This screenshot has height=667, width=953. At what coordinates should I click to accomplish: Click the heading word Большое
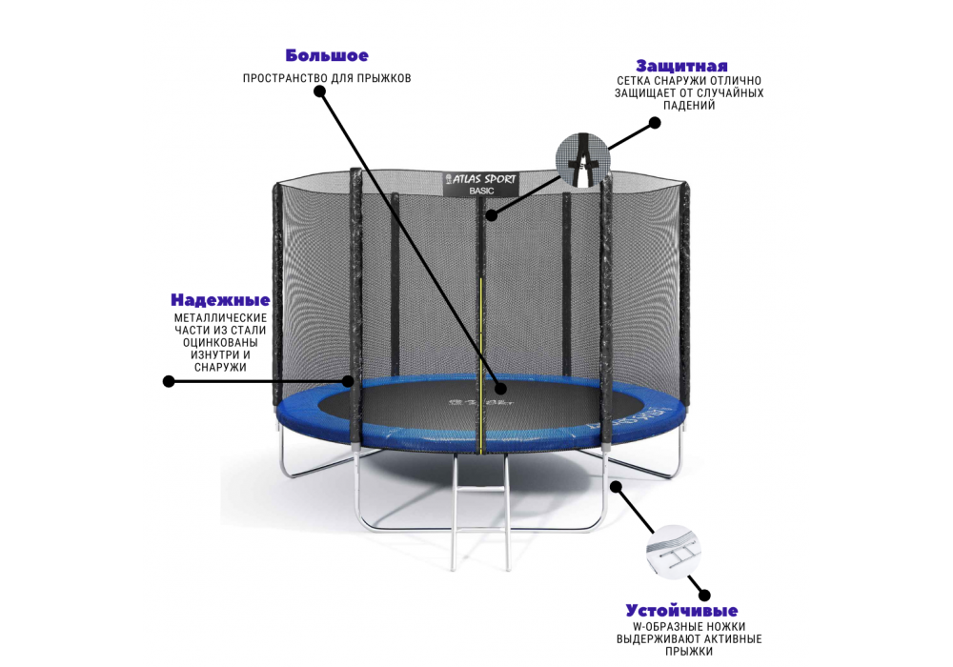[x=327, y=56]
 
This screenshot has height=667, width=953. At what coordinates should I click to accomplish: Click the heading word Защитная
[x=681, y=66]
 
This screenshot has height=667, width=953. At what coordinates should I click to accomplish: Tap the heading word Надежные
[x=220, y=300]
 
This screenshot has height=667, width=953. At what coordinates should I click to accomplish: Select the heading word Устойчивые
[x=681, y=611]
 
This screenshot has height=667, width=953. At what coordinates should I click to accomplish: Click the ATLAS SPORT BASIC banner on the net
[x=481, y=184]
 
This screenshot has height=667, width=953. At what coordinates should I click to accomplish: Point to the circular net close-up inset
[x=583, y=160]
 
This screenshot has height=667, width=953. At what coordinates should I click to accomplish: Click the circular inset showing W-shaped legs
[x=673, y=552]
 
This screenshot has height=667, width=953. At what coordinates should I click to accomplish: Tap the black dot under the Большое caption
[x=319, y=91]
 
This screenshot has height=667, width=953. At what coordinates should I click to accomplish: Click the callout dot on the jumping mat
[x=501, y=389]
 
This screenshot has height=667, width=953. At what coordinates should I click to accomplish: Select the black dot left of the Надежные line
[x=169, y=381]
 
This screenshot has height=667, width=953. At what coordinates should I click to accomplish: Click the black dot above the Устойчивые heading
[x=704, y=596]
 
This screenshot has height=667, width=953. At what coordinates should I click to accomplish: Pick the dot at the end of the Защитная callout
[x=655, y=123]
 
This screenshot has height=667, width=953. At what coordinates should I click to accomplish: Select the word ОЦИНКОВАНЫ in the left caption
[x=220, y=343]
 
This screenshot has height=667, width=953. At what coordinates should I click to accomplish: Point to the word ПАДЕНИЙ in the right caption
[x=689, y=105]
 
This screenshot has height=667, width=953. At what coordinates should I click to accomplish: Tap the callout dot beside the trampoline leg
[x=616, y=487]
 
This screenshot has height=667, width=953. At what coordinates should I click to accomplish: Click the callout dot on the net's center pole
[x=491, y=215]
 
